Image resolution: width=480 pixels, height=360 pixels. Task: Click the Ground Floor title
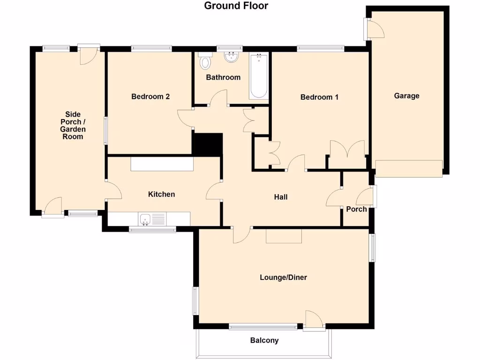236,6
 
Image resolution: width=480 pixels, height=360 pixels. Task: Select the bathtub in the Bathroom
258,76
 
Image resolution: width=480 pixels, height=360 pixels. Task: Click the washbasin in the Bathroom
231,57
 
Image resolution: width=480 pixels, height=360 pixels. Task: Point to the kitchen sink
145,218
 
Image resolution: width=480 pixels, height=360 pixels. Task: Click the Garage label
406,96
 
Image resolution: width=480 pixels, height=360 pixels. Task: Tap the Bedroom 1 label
319,97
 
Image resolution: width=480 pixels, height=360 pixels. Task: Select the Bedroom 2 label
150,97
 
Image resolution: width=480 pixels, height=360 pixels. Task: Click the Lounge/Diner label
283,277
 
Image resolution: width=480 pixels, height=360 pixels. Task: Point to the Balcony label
264,340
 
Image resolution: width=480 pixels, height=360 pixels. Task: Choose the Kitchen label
161,194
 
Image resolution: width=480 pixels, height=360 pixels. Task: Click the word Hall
281,197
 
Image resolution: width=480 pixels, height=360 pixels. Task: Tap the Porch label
356,209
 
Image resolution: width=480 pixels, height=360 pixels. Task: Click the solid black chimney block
207,144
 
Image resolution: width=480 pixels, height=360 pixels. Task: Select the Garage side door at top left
375,29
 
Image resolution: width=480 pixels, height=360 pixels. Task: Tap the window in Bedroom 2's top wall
151,47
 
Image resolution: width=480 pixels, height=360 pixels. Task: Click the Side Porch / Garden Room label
73,126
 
